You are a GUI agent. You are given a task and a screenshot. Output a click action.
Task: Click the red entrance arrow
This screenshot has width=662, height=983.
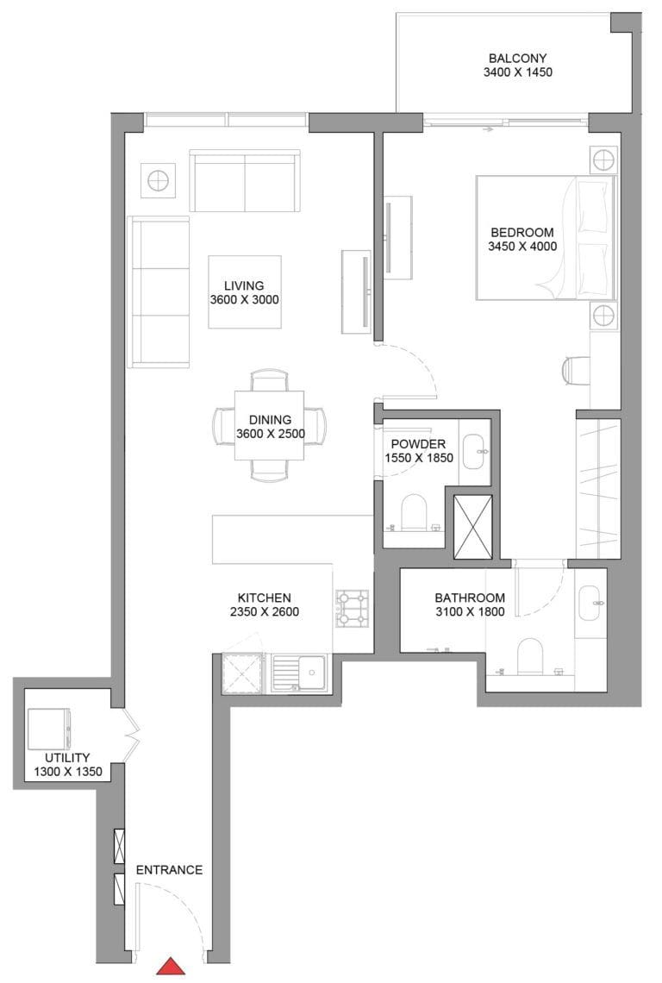pyautogui.click(x=171, y=967)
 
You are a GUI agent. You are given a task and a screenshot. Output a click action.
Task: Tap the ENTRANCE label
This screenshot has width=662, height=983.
pyautogui.click(x=169, y=869)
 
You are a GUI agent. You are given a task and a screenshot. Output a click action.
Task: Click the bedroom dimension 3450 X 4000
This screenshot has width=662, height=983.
pyautogui.click(x=522, y=247)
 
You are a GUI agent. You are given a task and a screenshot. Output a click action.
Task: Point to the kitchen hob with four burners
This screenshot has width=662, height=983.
pyautogui.click(x=352, y=607)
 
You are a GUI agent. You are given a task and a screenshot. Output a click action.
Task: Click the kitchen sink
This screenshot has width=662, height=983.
pyautogui.click(x=298, y=672)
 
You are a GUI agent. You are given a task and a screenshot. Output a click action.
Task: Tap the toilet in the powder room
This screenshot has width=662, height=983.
pyautogui.click(x=414, y=512)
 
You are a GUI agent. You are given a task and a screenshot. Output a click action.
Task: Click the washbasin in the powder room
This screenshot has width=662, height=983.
pyautogui.click(x=474, y=447)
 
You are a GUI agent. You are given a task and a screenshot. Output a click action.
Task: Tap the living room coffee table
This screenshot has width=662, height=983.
pyautogui.click(x=244, y=291)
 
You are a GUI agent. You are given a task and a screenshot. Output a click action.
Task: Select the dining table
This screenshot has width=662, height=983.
pyautogui.click(x=270, y=425)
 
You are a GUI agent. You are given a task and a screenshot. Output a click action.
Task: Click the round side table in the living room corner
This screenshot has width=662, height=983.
pyautogui.click(x=158, y=180)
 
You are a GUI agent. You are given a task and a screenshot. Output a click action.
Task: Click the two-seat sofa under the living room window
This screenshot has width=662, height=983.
pyautogui.click(x=245, y=181)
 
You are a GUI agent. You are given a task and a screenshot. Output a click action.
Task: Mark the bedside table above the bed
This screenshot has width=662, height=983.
pyautogui.click(x=603, y=159)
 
